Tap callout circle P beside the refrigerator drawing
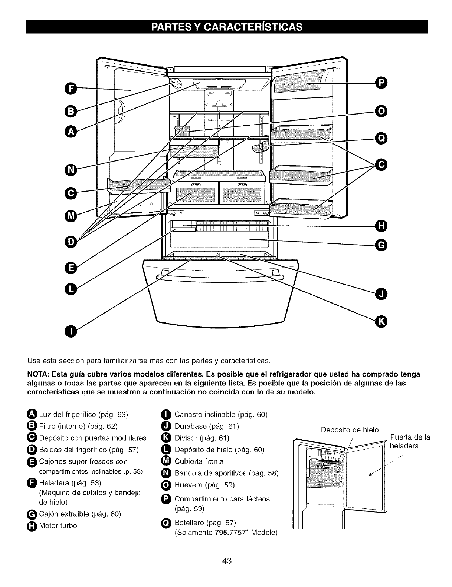point(381,84)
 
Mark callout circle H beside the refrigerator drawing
point(381,225)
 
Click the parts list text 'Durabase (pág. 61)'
point(207,426)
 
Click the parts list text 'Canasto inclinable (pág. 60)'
point(221,414)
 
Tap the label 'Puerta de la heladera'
point(410,441)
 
